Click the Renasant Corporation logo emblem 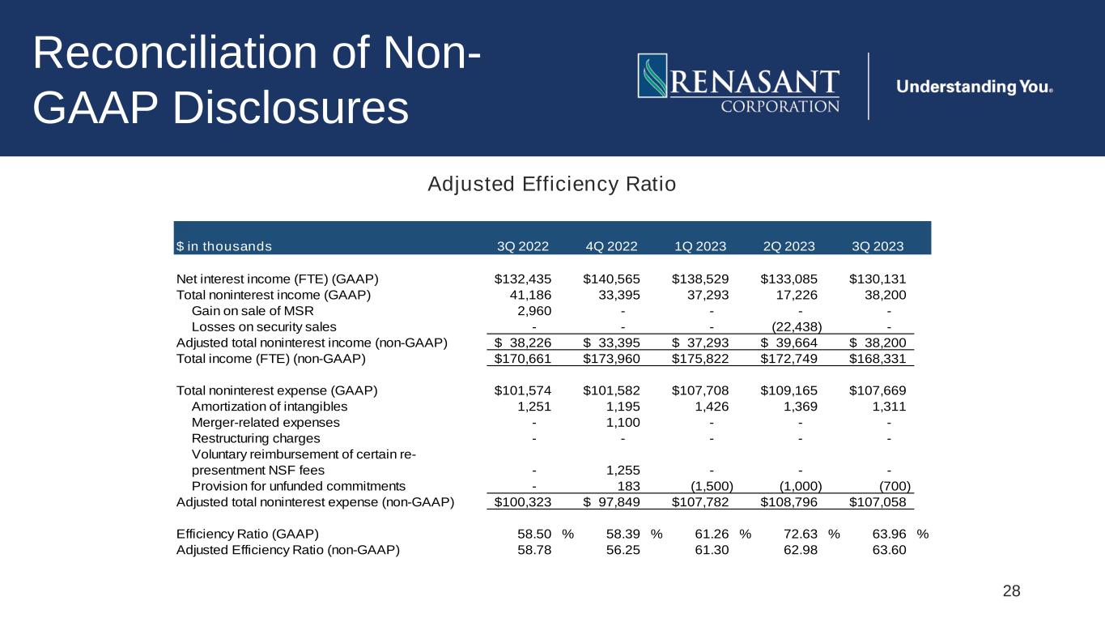pyautogui.click(x=652, y=75)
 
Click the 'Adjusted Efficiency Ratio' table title pyautogui.click(x=551, y=185)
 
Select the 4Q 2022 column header pyautogui.click(x=611, y=245)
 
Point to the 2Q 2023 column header pyautogui.click(x=789, y=245)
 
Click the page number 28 pyautogui.click(x=1011, y=591)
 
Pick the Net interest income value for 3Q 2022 pyautogui.click(x=523, y=279)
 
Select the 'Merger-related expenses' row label pyautogui.click(x=266, y=422)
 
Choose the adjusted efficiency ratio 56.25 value pyautogui.click(x=623, y=550)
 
